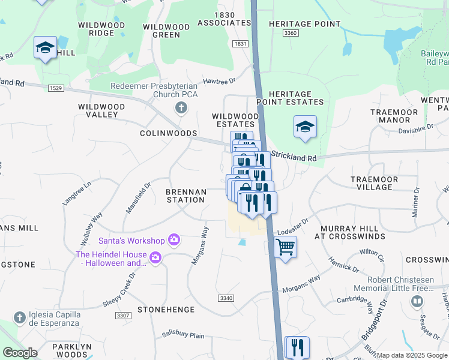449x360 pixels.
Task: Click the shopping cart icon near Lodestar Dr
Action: (x=286, y=247)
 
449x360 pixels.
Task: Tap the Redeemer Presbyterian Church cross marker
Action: (x=179, y=108)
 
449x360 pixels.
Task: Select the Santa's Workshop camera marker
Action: (x=173, y=241)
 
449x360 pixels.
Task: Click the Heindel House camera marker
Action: (x=155, y=258)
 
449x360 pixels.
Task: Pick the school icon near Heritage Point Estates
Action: (x=305, y=127)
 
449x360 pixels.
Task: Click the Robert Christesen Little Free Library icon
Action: (x=415, y=301)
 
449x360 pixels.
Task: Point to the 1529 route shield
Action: (x=56, y=88)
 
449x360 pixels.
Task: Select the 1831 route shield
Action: (x=241, y=44)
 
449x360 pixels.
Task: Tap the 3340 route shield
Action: (x=226, y=298)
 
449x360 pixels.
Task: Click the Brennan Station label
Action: (x=186, y=196)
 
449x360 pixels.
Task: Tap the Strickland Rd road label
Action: (x=294, y=155)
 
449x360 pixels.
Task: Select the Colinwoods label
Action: (x=169, y=133)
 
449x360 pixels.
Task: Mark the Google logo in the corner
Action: (x=20, y=353)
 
